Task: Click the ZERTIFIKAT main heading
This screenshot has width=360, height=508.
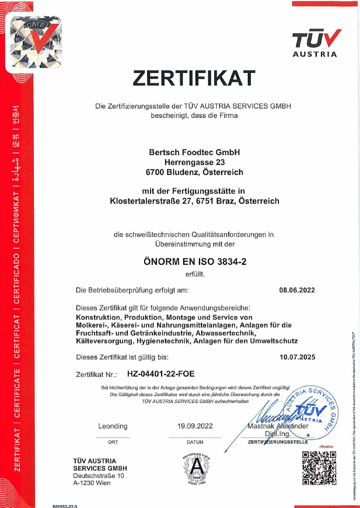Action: [194, 77]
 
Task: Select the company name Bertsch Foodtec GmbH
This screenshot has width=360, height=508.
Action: [194, 152]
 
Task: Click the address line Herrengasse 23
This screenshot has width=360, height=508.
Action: [194, 162]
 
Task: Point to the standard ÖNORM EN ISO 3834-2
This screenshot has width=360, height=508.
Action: [194, 262]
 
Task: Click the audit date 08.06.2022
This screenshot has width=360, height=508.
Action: [296, 289]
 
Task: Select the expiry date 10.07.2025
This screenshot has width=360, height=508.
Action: [296, 356]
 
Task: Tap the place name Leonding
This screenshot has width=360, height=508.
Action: [113, 427]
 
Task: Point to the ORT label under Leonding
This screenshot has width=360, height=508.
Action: [113, 443]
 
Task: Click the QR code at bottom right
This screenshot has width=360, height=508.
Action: [319, 470]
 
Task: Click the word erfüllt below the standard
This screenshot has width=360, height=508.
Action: [194, 274]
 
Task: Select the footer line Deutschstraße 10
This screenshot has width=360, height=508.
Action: [97, 476]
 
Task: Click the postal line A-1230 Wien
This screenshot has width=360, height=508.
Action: [93, 484]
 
